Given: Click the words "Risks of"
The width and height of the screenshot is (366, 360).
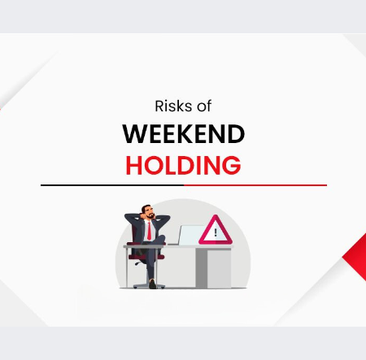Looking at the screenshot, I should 183,106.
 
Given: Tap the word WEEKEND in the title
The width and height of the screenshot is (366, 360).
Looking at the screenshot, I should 183,134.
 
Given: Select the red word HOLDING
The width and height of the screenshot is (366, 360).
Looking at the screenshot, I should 183,165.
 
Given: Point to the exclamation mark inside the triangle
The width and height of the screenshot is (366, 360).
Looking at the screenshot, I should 216,232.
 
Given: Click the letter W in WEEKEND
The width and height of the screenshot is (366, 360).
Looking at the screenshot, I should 134,134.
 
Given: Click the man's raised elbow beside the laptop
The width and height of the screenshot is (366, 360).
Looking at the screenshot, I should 168,219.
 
